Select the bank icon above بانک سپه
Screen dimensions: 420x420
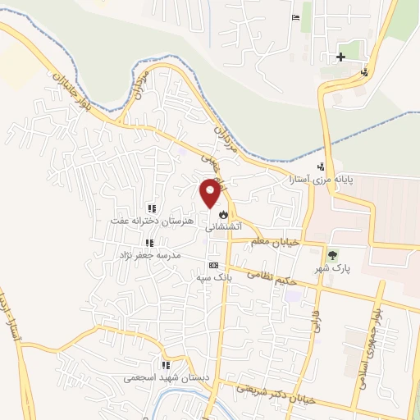click(213, 265)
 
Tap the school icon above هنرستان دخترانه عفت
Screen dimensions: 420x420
click(150, 209)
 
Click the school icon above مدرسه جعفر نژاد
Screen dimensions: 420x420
click(149, 243)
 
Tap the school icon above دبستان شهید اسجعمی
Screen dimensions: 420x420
click(165, 366)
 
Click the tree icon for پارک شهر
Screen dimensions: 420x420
click(332, 256)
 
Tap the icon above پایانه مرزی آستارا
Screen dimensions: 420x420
click(331, 167)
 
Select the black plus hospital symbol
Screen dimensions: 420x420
click(340, 57)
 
